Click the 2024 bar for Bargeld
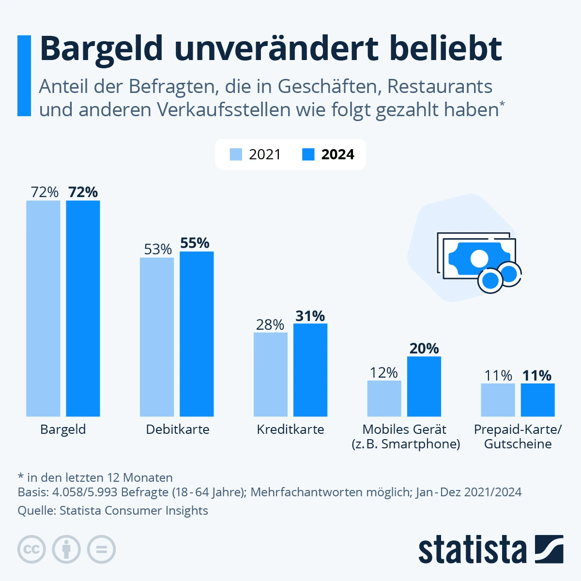point(83,308)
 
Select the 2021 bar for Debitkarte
point(157,336)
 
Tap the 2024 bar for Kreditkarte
point(310,369)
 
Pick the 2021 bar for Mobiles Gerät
point(384,398)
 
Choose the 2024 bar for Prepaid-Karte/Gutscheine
point(538,399)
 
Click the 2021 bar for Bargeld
point(43,308)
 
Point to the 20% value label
point(424,348)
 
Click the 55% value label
point(195,243)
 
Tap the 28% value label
point(270,324)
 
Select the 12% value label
point(384,372)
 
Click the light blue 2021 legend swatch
point(236,154)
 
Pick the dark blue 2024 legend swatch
point(308,154)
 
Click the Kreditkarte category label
point(290,429)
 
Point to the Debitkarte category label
point(178,429)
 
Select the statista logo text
point(472,550)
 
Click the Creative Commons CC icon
point(31,550)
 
